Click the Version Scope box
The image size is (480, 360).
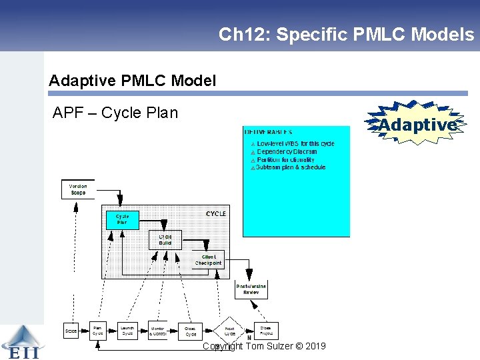click(x=78, y=189)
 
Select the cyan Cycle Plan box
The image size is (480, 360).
click(x=123, y=219)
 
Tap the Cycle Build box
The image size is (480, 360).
click(x=165, y=240)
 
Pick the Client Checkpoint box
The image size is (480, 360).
click(x=209, y=260)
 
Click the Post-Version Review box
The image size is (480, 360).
click(x=251, y=289)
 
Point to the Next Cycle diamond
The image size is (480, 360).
click(x=229, y=331)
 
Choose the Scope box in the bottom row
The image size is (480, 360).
click(x=71, y=331)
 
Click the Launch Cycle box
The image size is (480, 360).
click(x=127, y=331)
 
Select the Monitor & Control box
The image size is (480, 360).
click(x=158, y=331)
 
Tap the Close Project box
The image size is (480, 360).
click(x=265, y=331)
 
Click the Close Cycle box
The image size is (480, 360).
click(x=191, y=331)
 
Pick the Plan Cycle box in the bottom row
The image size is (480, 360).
click(x=97, y=331)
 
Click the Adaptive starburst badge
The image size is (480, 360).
click(x=417, y=124)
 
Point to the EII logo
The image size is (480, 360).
click(x=21, y=342)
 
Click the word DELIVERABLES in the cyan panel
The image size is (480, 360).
click(x=268, y=132)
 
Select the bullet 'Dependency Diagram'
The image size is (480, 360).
click(x=286, y=151)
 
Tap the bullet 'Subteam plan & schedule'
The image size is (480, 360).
click(x=291, y=167)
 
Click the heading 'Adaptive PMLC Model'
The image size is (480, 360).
click(x=132, y=81)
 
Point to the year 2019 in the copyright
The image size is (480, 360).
click(x=313, y=346)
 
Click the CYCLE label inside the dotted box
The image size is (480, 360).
click(x=215, y=213)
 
